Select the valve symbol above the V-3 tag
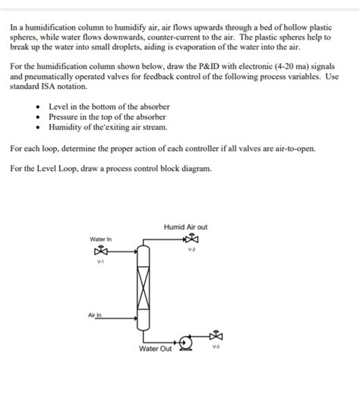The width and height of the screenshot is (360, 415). click(217, 335)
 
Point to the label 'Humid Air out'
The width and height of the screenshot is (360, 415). click(185, 227)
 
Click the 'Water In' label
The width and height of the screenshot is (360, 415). click(100, 239)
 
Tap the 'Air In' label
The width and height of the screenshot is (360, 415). click(95, 314)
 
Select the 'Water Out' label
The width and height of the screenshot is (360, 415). click(155, 349)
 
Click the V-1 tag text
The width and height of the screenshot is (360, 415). click(100, 263)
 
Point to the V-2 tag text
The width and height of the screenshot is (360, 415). click(191, 249)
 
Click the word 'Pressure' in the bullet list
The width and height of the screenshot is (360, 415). click(65, 117)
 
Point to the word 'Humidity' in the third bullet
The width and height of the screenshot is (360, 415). click(66, 128)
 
